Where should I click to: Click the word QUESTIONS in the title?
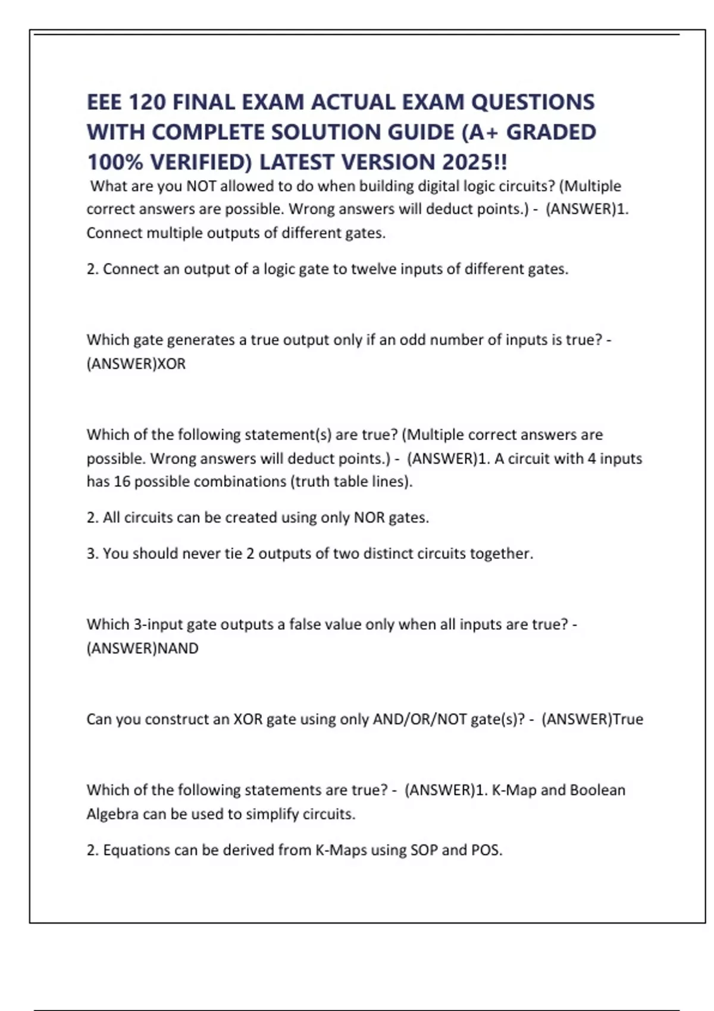tap(533, 102)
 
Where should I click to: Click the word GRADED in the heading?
tap(550, 132)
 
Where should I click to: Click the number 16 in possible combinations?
tap(121, 482)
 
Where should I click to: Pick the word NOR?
tap(369, 518)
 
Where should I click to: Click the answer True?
tap(628, 720)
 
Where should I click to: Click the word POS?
tap(486, 850)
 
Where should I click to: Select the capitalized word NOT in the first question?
tap(201, 186)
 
